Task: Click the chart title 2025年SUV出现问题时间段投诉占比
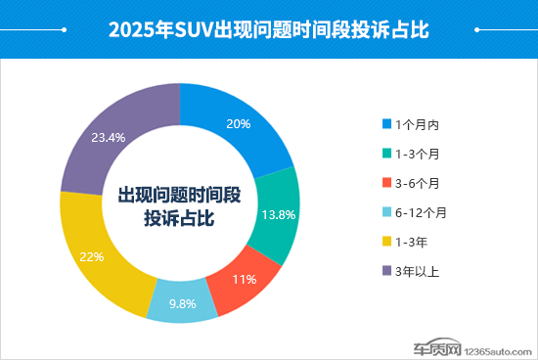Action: tap(269, 29)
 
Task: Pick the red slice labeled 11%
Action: tap(244, 280)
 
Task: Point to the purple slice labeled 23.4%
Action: tap(107, 138)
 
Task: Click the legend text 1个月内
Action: tap(417, 124)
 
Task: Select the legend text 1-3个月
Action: tap(418, 154)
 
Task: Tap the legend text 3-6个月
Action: tap(418, 183)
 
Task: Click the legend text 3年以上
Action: tap(417, 271)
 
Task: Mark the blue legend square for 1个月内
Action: tap(386, 124)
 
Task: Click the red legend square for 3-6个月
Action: tap(386, 183)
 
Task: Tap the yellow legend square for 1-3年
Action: tap(386, 242)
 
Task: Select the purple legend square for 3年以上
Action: tap(386, 271)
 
